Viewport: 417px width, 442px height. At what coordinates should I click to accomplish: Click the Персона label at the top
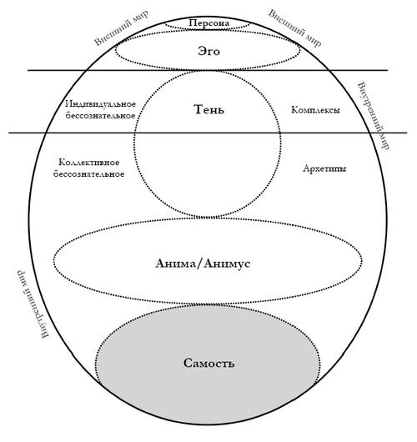coord(209,23)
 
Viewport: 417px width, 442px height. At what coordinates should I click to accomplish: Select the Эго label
coord(208,52)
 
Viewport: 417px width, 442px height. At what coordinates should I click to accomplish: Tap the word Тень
coord(209,109)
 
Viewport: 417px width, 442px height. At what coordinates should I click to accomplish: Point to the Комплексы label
coord(315,109)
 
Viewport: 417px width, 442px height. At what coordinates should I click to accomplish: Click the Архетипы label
coord(324,168)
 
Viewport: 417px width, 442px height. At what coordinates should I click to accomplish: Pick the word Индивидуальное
coord(101,104)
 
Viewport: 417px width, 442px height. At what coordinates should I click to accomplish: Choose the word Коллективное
coord(89,163)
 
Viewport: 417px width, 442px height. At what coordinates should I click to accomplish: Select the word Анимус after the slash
coord(227,264)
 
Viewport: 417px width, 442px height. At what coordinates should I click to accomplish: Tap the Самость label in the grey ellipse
coord(209,363)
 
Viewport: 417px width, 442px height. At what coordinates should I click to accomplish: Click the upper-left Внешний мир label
coord(121,28)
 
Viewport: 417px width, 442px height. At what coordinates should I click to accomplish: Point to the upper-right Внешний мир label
coord(294,28)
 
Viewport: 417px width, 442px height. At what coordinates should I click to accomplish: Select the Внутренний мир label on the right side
coord(374,116)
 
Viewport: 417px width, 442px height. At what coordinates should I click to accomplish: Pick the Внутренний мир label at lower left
coord(33,304)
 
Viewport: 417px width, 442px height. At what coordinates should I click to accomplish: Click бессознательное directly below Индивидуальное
coord(100,116)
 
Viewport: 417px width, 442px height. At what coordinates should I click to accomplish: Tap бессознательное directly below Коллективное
coord(88,174)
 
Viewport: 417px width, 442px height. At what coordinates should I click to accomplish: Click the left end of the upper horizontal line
coord(28,70)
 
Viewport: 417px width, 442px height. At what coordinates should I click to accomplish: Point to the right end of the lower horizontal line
coord(407,133)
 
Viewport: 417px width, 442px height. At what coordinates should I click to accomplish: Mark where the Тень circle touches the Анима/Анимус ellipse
coord(208,218)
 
